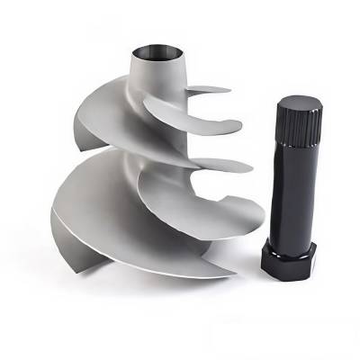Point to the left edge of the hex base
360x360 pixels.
point(262,256)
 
